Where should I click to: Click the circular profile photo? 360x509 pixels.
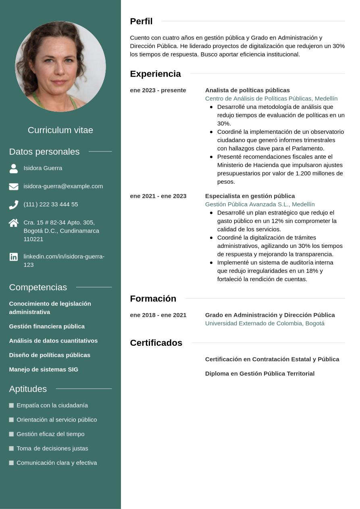[x=60, y=66]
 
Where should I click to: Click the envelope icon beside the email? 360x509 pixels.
[x=14, y=186]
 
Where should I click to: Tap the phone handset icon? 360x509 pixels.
[x=14, y=205]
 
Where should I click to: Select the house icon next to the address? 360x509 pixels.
[x=14, y=223]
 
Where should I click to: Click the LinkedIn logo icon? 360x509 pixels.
[x=14, y=257]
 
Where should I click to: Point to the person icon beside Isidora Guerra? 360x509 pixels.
[x=14, y=168]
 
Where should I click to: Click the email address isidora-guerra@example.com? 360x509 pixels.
[x=63, y=186]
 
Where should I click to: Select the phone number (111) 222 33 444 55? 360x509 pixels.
[x=51, y=204]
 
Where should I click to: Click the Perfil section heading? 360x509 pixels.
[x=141, y=21]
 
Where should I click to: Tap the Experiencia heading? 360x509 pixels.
[x=155, y=74]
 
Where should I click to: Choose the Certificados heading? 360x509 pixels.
[x=156, y=343]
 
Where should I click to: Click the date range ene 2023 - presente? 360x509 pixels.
[x=158, y=90]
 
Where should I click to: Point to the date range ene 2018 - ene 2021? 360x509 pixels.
[x=158, y=315]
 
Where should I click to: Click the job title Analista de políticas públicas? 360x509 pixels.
[x=248, y=90]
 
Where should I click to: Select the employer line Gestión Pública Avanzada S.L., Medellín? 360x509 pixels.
[x=260, y=204]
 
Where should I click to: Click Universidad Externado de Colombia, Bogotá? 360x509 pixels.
[x=264, y=323]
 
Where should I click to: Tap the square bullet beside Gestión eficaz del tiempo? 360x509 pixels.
[x=11, y=434]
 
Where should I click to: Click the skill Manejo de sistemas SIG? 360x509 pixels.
[x=44, y=369]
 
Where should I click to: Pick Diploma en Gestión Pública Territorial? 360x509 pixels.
[x=260, y=374]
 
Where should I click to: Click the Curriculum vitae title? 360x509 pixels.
[x=60, y=130]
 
